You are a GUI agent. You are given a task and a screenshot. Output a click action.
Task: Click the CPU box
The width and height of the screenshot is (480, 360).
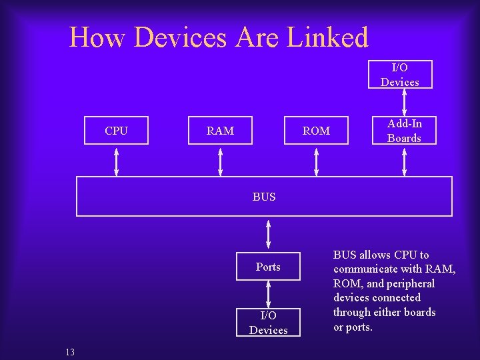click(x=117, y=131)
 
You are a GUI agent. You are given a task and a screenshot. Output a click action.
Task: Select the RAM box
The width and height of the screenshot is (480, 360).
click(x=220, y=131)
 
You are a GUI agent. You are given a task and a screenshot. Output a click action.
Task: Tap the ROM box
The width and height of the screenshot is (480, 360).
click(x=316, y=131)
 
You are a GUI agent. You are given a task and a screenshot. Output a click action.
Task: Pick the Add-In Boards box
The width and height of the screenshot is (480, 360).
click(x=404, y=131)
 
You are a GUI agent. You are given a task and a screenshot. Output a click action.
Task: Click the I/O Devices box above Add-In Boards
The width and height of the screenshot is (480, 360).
click(x=400, y=75)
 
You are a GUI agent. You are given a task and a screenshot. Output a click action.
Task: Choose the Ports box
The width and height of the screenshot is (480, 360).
click(x=268, y=267)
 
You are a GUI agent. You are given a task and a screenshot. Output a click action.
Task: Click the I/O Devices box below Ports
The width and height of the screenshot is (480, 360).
click(x=268, y=323)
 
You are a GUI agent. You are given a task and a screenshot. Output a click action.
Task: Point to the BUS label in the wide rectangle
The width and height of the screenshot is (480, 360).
click(x=264, y=197)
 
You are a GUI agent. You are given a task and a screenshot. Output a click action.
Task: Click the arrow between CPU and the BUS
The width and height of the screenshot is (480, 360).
click(x=117, y=161)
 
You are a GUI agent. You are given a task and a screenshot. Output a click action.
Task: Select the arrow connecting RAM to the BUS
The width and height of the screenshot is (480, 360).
click(x=221, y=161)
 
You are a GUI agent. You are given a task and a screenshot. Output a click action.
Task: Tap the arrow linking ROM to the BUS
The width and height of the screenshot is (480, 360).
click(x=317, y=161)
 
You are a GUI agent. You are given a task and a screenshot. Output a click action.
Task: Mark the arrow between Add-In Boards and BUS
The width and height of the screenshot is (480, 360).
click(x=405, y=161)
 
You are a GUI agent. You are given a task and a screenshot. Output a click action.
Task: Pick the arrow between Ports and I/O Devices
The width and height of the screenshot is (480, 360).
click(x=268, y=295)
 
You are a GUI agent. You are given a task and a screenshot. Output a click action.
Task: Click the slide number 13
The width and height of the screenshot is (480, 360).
click(x=70, y=351)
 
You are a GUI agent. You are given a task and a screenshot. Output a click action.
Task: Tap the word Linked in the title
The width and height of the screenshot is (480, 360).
click(x=327, y=37)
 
